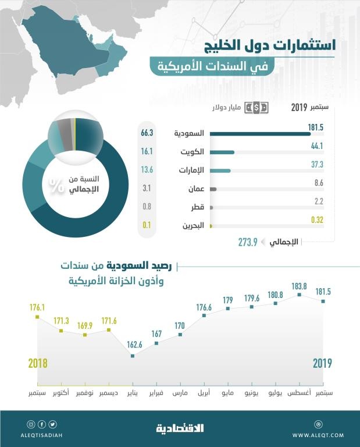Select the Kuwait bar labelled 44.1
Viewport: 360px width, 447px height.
point(222,152)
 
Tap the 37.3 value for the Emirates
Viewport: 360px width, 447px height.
point(316,165)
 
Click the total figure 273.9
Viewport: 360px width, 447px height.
point(247,242)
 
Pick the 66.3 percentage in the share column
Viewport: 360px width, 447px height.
point(147,133)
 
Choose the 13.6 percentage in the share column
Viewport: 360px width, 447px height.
point(147,170)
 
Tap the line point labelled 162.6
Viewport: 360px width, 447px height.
point(133,356)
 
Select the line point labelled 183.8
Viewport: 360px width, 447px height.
point(299,295)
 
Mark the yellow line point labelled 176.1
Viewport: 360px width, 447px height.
point(37,317)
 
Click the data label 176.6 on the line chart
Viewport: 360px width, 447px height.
point(204,307)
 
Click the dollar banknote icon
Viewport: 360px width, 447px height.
point(256,108)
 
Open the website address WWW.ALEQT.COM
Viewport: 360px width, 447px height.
point(318,435)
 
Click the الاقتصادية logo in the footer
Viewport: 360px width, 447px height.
point(180,429)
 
